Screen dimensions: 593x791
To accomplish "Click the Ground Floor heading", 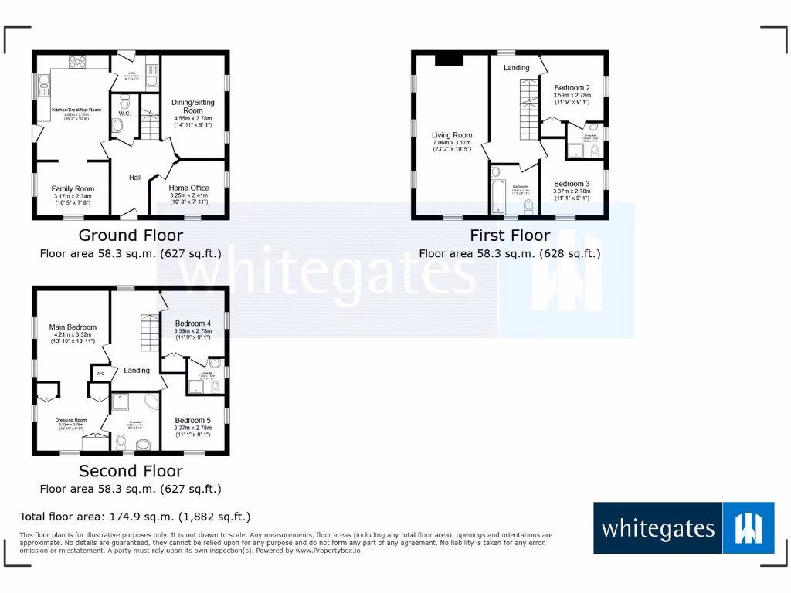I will (x=131, y=236).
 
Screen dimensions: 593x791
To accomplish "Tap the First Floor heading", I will (x=510, y=236).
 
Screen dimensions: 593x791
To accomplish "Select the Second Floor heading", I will (x=131, y=471).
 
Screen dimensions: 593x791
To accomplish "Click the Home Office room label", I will (x=189, y=188).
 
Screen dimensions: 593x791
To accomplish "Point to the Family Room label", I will (x=73, y=188).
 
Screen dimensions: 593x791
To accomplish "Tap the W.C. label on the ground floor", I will (x=125, y=114).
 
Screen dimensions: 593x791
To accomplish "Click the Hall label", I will (x=135, y=178).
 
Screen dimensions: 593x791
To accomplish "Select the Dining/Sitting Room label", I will (x=193, y=106).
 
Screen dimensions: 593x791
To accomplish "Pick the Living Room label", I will (x=452, y=135).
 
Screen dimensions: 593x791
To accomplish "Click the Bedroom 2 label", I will (x=572, y=88).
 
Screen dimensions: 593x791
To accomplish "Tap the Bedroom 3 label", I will (x=572, y=184).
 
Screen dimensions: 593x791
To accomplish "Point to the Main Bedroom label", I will (x=73, y=327).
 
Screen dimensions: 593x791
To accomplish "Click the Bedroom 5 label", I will (x=192, y=421).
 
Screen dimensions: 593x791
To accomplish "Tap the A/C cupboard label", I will (x=100, y=374).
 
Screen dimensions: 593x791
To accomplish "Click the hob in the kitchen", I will (x=78, y=61).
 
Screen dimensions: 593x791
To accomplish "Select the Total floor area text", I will (x=134, y=517).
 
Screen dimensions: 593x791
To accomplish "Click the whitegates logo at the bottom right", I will (x=684, y=528).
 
